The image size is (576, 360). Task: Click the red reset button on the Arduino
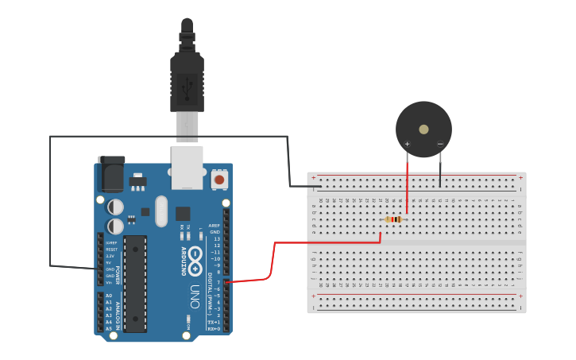point(219,180)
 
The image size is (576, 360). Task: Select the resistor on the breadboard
point(394,219)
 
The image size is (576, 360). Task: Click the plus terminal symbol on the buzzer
point(408,144)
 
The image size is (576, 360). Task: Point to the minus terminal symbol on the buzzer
point(440,144)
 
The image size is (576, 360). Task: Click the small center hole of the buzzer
point(423,129)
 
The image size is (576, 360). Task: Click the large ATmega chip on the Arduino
point(136,283)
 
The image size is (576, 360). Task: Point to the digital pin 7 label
point(218,282)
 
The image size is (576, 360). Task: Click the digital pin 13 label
point(217,238)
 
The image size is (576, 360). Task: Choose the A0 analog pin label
point(109,295)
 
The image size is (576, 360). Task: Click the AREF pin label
point(215,226)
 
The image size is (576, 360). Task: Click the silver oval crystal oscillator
point(162,211)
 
